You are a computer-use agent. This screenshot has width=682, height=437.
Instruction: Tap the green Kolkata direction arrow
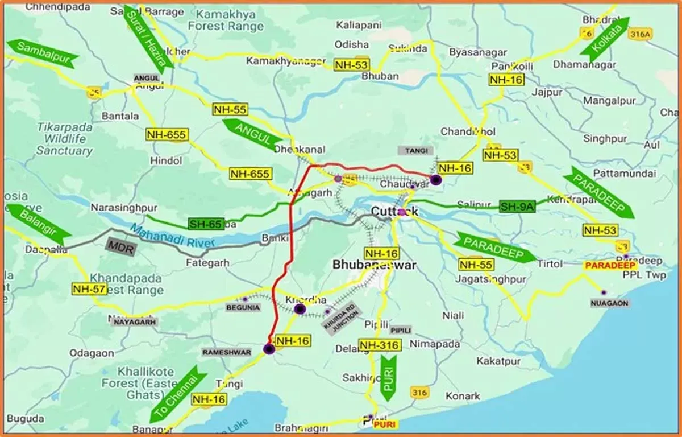click(x=604, y=36)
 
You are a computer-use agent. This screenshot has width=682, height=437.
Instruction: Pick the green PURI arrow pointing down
click(x=389, y=377)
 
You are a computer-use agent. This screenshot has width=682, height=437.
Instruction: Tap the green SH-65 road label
click(x=206, y=224)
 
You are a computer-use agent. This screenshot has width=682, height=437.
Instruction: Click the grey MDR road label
click(x=120, y=247)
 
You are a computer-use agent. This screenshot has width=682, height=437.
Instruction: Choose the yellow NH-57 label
click(x=89, y=289)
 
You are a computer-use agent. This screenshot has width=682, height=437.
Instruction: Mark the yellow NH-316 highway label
click(x=380, y=345)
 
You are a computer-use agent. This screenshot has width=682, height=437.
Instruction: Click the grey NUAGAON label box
click(x=609, y=303)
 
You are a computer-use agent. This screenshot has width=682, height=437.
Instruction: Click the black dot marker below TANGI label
click(x=436, y=180)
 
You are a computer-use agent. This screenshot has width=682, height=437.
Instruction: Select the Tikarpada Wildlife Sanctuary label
click(x=64, y=139)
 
